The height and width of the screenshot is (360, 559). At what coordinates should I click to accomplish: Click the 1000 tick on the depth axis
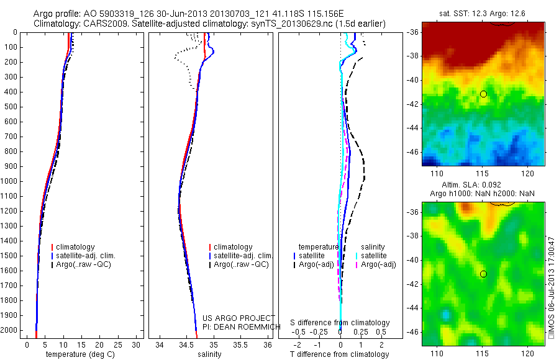click(x=11, y=181)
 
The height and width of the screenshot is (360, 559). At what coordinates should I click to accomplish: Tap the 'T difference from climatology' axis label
click(x=340, y=354)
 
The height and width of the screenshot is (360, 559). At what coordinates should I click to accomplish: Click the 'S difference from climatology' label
click(x=340, y=323)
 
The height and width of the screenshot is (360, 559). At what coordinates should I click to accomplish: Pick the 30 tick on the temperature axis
click(x=137, y=344)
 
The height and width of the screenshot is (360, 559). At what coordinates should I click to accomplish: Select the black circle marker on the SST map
click(x=483, y=94)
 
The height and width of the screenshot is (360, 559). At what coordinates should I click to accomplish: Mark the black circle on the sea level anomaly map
click(x=483, y=274)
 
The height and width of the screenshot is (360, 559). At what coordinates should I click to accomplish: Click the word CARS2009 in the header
click(x=100, y=24)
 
